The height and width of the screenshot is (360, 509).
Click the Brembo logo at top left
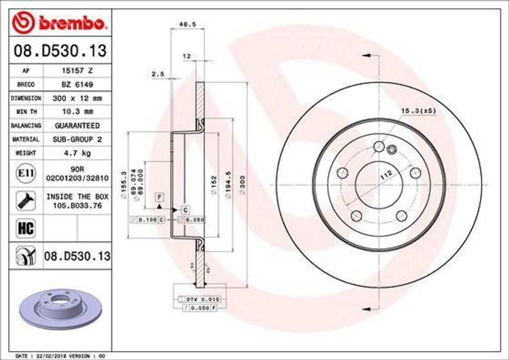point(60,22)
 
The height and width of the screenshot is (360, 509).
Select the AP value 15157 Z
point(76,71)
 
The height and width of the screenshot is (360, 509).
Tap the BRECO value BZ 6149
point(76,85)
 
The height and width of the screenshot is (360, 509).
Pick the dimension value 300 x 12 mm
point(77,98)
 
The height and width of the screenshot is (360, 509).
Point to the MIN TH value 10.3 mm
point(77,112)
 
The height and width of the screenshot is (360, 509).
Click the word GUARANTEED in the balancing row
point(77,126)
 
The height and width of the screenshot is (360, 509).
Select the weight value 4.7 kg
point(77,153)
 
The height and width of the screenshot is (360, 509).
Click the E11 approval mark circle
point(26,173)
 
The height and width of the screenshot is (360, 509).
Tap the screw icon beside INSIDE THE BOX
point(26,201)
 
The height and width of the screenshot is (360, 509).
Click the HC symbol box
point(26,228)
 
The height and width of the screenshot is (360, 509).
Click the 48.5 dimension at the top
point(183,23)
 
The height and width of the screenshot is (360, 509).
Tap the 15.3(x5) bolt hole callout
point(418,110)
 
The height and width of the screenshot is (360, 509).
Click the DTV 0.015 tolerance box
point(198,299)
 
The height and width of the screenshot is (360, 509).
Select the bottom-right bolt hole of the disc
point(401,215)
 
